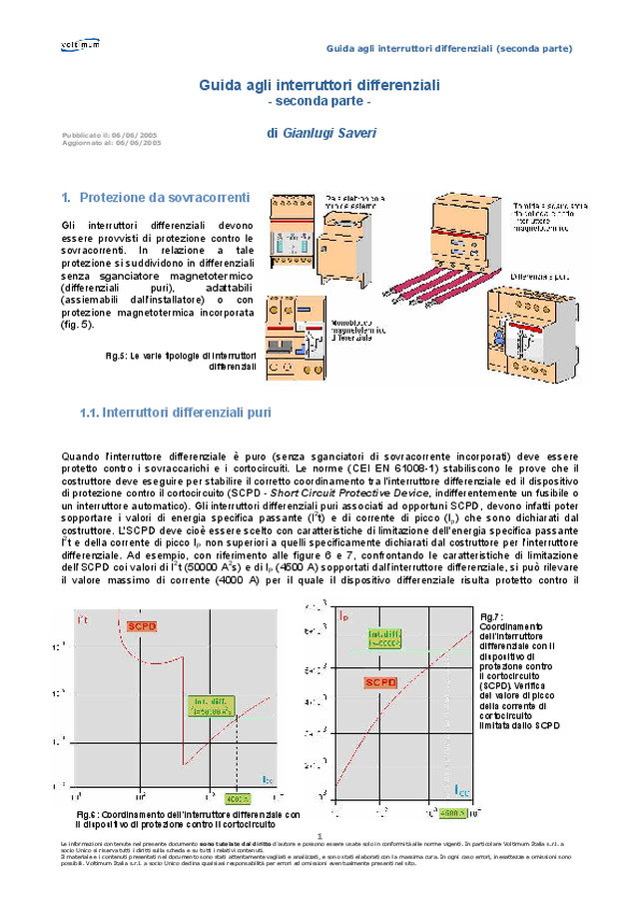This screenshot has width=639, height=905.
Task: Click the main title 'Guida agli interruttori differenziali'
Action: point(319,86)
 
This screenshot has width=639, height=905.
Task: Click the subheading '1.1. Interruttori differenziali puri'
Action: point(174,413)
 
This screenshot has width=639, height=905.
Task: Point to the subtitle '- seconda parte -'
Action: point(319,103)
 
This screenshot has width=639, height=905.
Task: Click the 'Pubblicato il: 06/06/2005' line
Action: point(109,134)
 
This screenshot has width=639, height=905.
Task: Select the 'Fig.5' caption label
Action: point(114,356)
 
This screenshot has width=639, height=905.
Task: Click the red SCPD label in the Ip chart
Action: point(379,682)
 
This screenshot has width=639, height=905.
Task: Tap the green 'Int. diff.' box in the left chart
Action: point(208,707)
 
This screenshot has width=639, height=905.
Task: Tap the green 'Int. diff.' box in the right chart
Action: point(383,636)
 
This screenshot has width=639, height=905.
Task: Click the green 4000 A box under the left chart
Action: point(237,799)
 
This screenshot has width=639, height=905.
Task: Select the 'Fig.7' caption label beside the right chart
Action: point(490,616)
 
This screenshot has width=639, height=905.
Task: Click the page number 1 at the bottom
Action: point(319,836)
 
